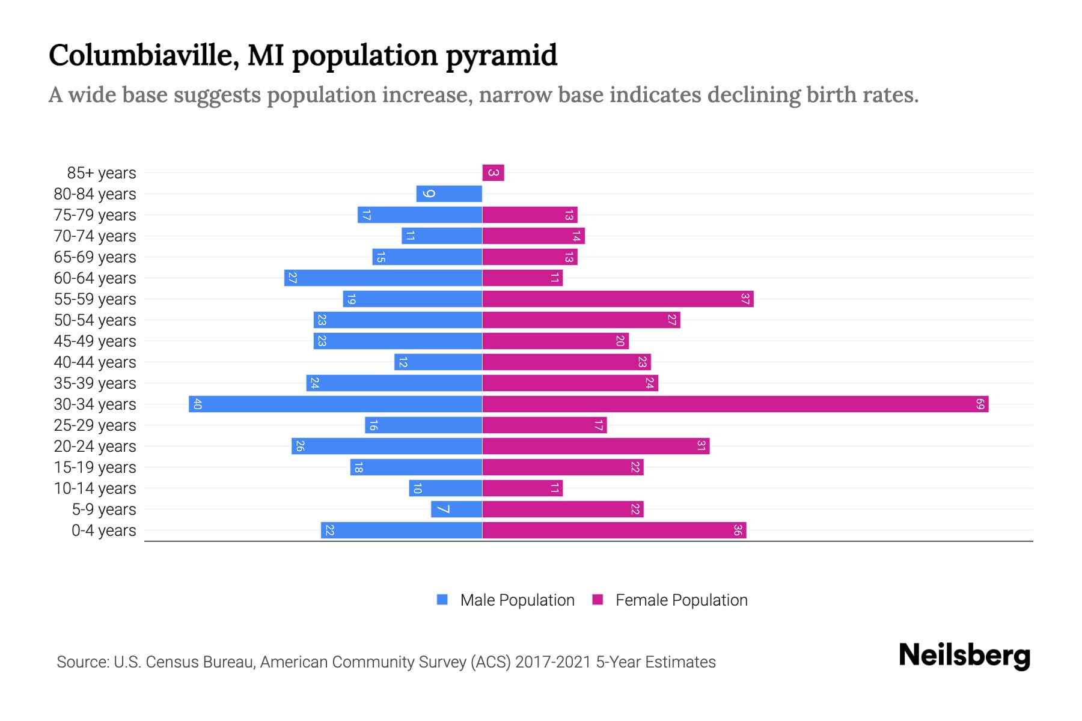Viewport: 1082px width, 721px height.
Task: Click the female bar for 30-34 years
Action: tap(735, 404)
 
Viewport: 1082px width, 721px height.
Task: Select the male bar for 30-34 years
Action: tap(335, 404)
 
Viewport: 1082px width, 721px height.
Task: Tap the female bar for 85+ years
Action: tap(493, 173)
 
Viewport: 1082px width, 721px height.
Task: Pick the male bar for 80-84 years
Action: tap(449, 194)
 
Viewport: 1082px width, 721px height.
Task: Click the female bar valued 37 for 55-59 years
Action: tap(617, 299)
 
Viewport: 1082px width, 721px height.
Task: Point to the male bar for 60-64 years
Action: tap(383, 278)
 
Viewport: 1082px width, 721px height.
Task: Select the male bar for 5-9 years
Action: tap(456, 510)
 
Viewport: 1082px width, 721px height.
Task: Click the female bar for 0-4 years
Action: tap(614, 531)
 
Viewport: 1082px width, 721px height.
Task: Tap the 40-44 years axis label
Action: tap(95, 362)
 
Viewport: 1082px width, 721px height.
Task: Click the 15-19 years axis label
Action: tap(95, 467)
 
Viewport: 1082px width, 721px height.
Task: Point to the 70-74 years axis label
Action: tap(95, 236)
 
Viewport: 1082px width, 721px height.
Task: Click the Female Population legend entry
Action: tap(670, 600)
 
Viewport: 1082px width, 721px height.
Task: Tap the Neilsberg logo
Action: tap(964, 656)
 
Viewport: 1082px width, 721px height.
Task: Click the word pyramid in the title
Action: tap(501, 55)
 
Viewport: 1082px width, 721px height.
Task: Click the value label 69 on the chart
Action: tap(980, 404)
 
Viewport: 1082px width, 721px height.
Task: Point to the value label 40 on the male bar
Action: tap(197, 404)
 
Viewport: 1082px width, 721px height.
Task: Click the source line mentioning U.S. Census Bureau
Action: tap(386, 662)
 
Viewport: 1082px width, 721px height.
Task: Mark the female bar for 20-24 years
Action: tap(595, 446)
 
